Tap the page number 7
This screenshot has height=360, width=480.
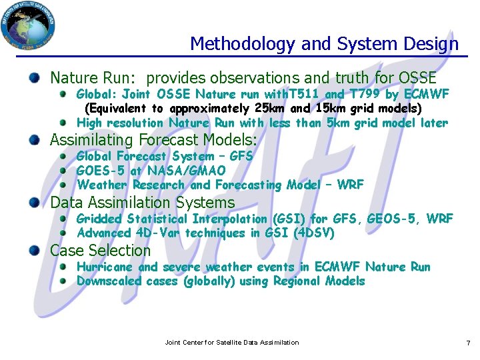pyautogui.click(x=468, y=343)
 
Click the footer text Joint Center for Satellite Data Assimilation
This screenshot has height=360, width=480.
pyautogui.click(x=232, y=343)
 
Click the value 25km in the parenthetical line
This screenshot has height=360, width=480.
pyautogui.click(x=273, y=108)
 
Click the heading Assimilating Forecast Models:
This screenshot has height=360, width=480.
pyautogui.click(x=153, y=140)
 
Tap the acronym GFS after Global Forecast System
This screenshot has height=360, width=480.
pyautogui.click(x=241, y=156)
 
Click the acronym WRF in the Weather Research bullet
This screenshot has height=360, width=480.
pyautogui.click(x=351, y=185)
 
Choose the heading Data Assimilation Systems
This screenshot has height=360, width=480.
pyautogui.click(x=143, y=203)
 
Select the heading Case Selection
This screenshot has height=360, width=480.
pyautogui.click(x=101, y=251)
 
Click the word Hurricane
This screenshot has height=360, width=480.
pyautogui.click(x=105, y=267)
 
